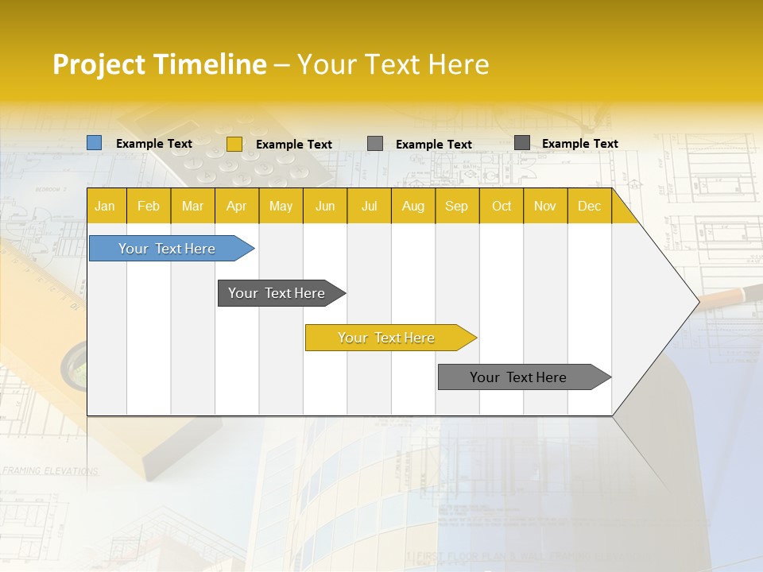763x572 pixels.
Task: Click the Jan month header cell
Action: click(x=106, y=206)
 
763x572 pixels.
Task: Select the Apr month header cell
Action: click(x=237, y=206)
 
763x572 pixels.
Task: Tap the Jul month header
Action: click(x=369, y=206)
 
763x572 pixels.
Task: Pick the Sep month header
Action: click(x=457, y=206)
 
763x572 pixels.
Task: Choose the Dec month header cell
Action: click(x=589, y=206)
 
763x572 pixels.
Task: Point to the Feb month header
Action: click(x=149, y=206)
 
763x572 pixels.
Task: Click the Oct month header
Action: click(x=502, y=206)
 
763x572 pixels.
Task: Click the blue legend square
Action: click(x=95, y=143)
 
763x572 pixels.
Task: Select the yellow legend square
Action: click(x=234, y=144)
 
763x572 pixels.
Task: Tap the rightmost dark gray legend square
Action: click(x=522, y=143)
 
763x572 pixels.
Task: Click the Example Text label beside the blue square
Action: click(x=154, y=144)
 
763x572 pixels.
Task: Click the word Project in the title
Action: click(x=98, y=64)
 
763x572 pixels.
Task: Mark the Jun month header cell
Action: click(x=325, y=206)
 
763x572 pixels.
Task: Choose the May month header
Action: click(x=281, y=206)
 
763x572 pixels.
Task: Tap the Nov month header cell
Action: click(x=545, y=206)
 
